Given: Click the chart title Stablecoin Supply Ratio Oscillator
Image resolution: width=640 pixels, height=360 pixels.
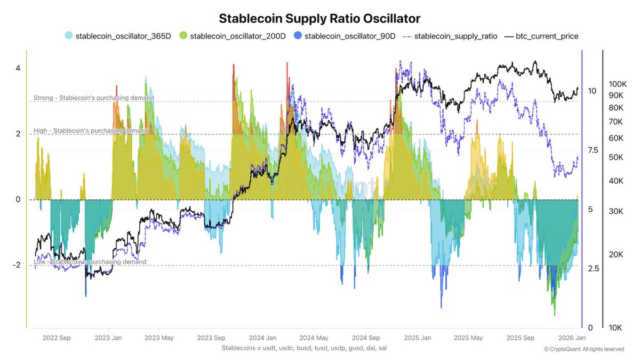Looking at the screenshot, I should (319, 18).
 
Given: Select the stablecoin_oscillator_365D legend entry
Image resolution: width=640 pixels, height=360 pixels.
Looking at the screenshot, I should (117, 36).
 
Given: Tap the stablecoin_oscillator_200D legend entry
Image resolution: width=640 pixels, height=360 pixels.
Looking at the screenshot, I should (232, 36).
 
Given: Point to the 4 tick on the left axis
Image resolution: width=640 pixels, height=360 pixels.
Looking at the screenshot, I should (18, 68).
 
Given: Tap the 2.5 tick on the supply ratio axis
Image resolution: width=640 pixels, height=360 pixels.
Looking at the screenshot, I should (594, 268).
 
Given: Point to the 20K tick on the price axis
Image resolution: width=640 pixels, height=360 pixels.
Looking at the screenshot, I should (616, 254).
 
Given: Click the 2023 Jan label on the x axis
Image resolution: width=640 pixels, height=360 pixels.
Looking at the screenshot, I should (109, 338).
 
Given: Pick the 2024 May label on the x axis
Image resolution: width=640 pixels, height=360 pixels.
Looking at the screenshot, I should (314, 338).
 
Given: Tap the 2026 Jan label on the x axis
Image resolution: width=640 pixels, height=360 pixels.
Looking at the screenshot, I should (572, 338).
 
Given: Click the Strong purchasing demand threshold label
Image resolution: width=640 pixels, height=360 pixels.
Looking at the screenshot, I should (93, 98).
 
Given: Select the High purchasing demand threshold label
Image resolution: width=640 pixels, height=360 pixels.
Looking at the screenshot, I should (91, 131).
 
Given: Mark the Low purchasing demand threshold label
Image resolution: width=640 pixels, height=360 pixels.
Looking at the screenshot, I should (90, 262).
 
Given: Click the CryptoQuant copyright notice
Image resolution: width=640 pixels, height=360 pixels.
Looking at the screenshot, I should (583, 349).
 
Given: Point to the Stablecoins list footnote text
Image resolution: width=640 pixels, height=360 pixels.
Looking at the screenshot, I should (303, 348).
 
